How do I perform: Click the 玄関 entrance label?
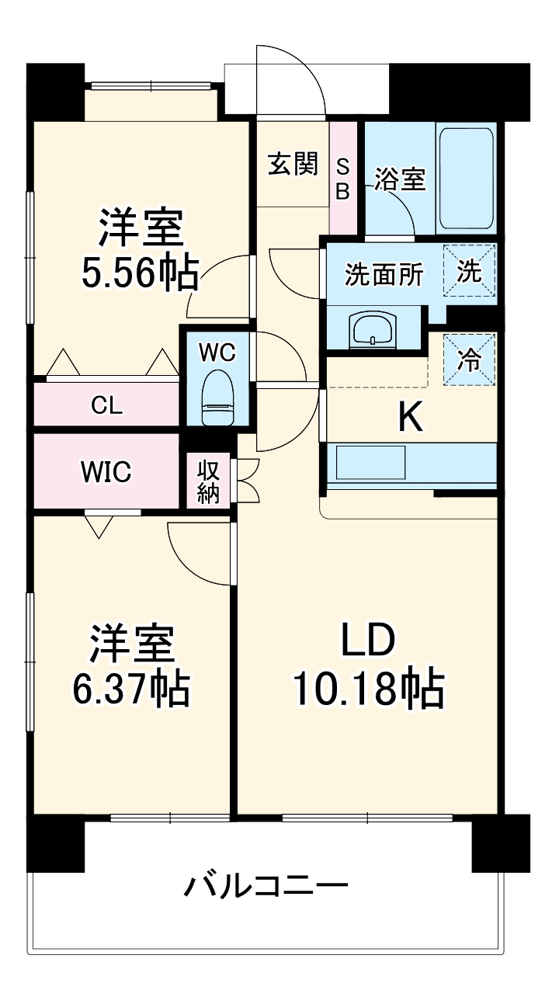(293, 165)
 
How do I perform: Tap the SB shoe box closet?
(342, 179)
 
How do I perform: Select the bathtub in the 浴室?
(466, 177)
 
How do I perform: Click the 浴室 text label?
(400, 179)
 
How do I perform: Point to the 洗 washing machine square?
(469, 271)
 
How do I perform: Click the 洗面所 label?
(384, 275)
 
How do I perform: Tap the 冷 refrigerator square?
(469, 359)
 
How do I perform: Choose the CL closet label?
(106, 405)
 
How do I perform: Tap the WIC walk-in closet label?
(106, 471)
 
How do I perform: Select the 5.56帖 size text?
(140, 272)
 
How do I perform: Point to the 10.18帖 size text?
(368, 687)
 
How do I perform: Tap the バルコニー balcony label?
(266, 885)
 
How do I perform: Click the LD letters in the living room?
(368, 641)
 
